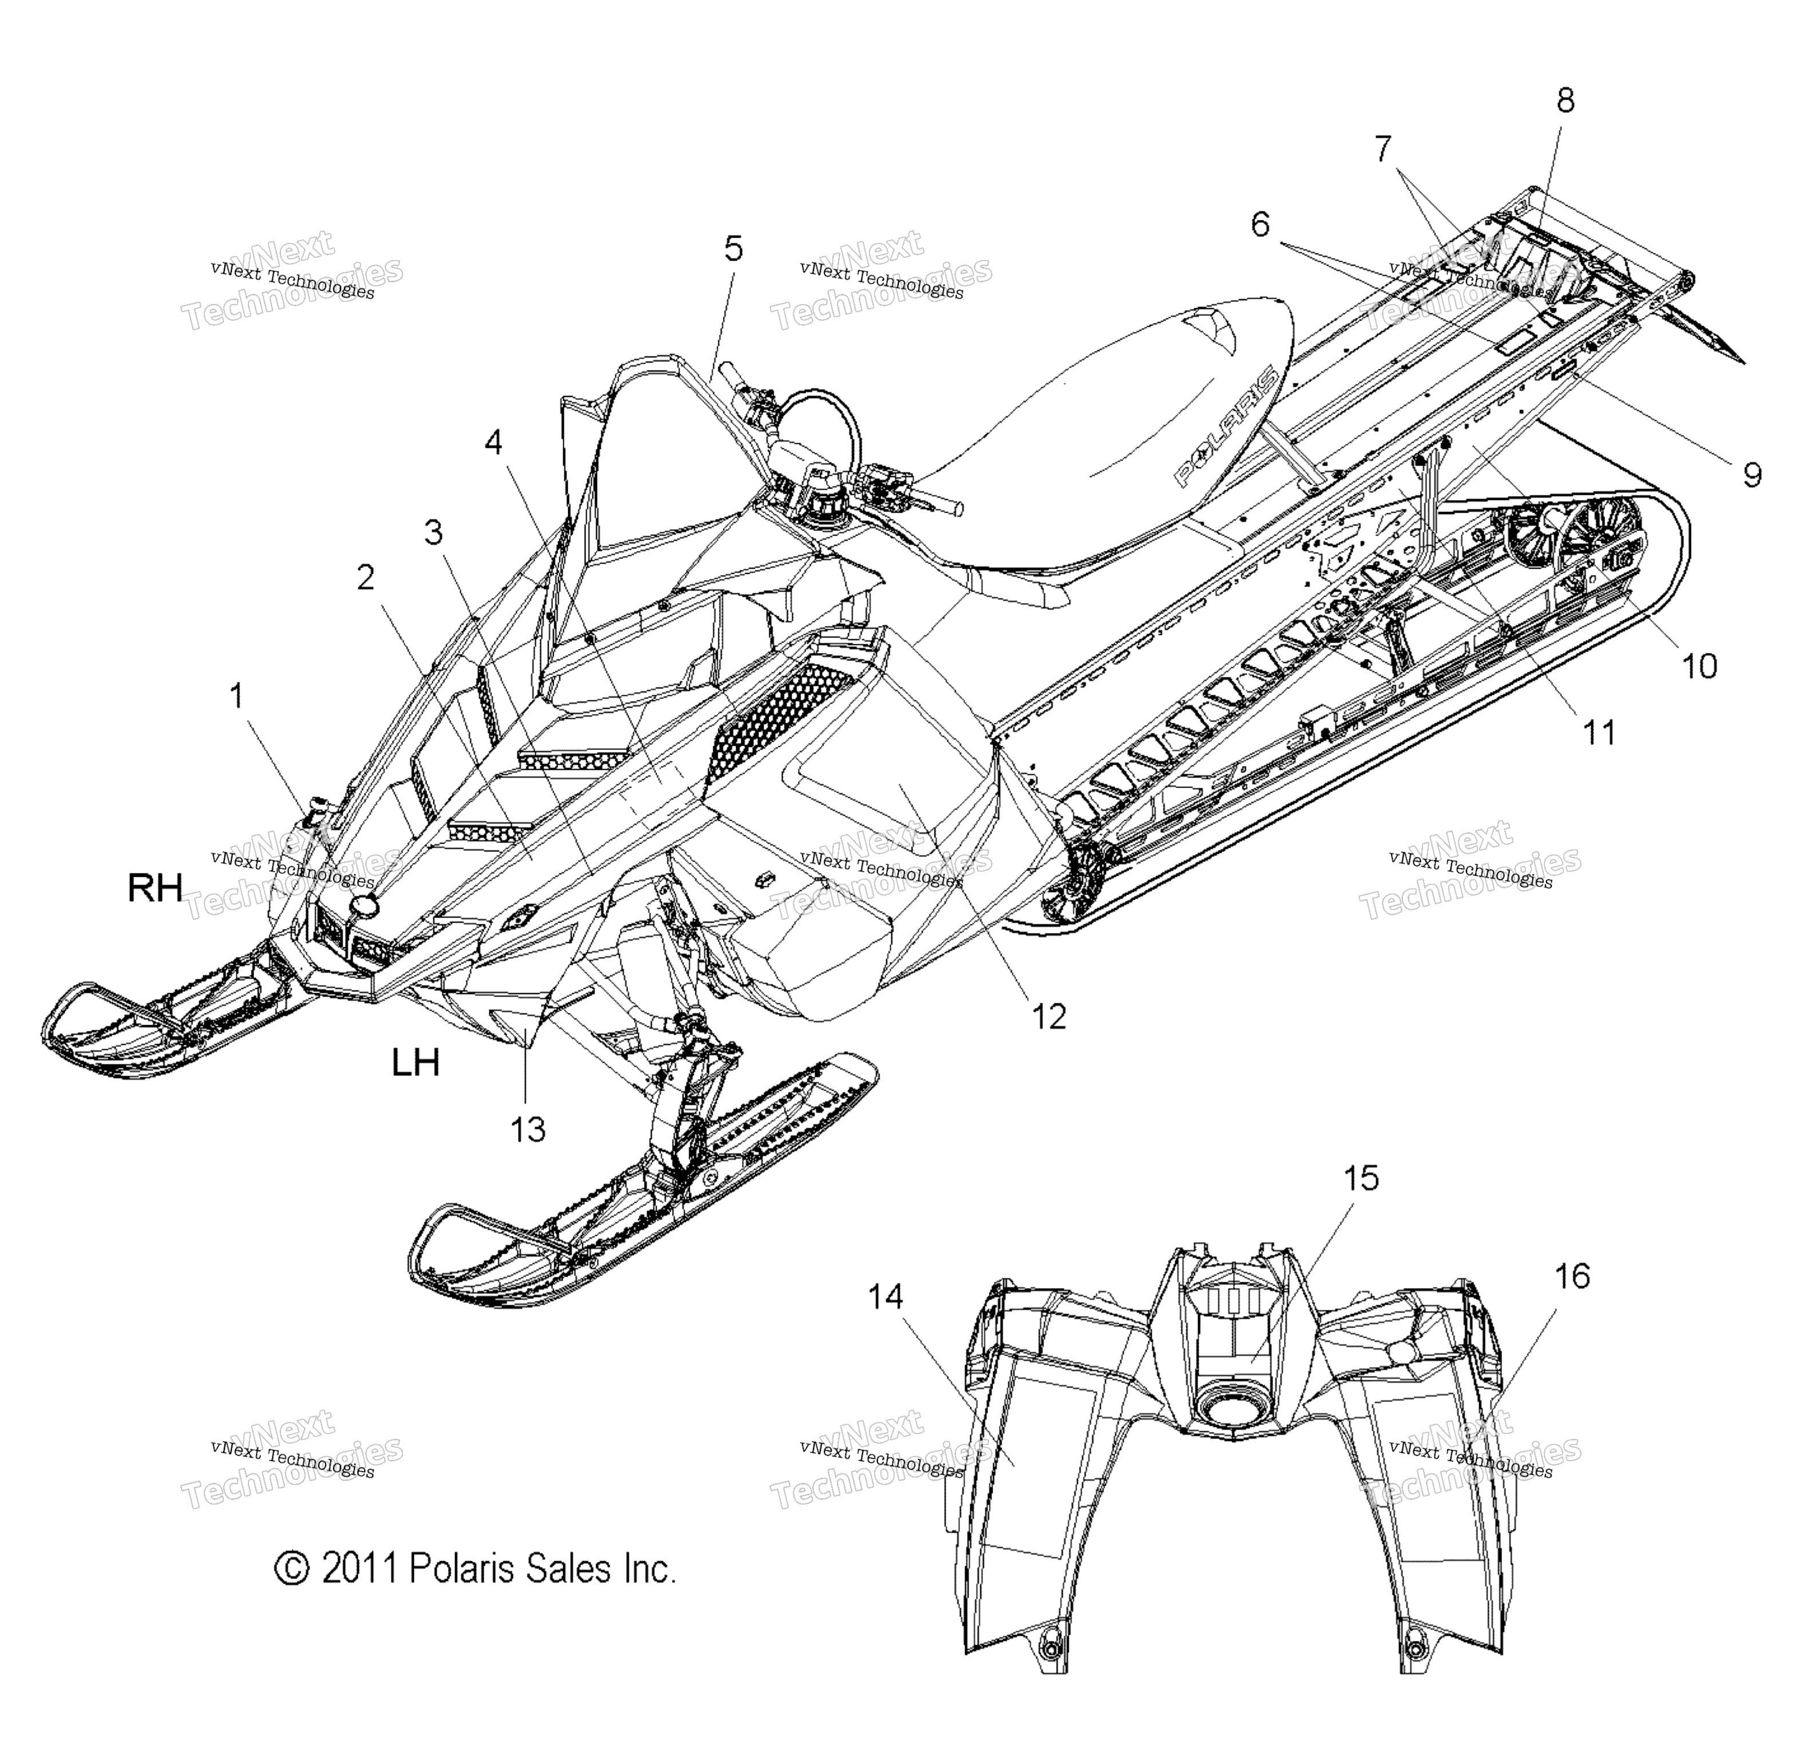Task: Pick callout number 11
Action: click(1599, 733)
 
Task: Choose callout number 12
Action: click(1049, 1017)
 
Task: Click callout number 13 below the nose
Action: click(528, 1129)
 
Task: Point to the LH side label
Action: click(415, 1063)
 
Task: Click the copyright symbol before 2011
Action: click(292, 1569)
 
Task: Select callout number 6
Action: click(1260, 225)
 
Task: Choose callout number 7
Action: click(1384, 149)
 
